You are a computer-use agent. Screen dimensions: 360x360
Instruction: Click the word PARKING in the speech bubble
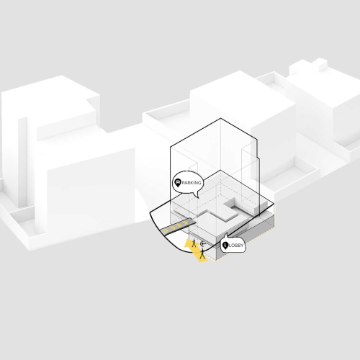192,183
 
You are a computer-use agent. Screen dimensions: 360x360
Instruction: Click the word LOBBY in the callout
236,246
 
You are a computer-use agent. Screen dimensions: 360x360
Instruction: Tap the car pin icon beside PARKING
178,183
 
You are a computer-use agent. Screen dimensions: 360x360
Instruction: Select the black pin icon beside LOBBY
225,246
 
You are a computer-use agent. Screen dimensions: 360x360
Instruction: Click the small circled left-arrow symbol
203,244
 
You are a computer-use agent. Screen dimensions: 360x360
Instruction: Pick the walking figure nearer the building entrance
194,243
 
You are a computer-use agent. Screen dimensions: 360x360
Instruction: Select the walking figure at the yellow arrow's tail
202,254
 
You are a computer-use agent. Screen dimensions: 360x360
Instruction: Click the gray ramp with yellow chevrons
178,226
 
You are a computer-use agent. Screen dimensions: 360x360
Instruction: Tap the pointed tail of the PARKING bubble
198,198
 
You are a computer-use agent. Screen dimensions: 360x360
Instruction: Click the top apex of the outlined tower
220,118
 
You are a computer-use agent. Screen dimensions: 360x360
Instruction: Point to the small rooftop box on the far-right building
320,64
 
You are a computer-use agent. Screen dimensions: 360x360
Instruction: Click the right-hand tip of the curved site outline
274,204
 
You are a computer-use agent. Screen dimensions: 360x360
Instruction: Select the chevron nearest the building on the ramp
185,223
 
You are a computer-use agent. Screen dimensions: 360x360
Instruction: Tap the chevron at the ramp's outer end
165,230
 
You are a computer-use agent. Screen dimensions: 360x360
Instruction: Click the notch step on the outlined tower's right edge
258,158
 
